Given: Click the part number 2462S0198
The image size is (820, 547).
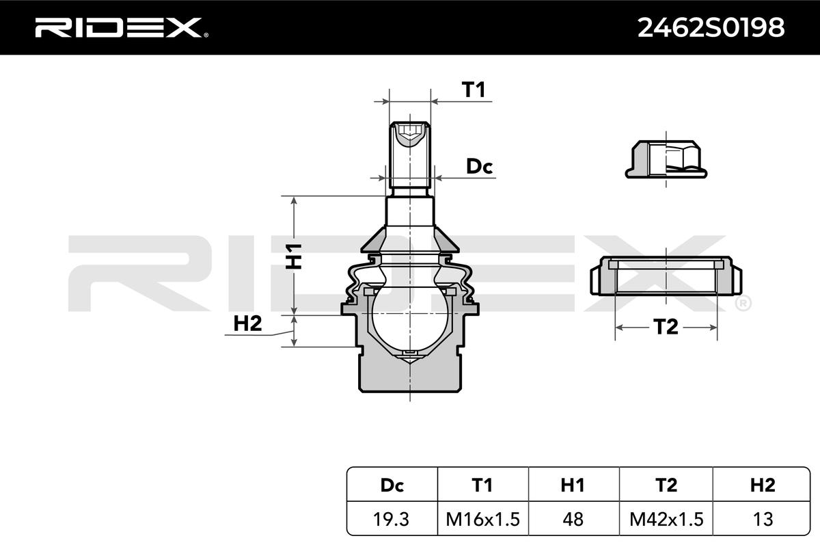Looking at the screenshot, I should pyautogui.click(x=711, y=27).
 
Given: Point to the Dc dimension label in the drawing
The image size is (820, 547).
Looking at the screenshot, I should pyautogui.click(x=479, y=166).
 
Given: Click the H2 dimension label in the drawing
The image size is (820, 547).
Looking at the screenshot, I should pyautogui.click(x=247, y=324).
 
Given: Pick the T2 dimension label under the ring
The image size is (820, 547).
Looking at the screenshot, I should pyautogui.click(x=666, y=328).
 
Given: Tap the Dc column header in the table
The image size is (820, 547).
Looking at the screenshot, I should pyautogui.click(x=392, y=485).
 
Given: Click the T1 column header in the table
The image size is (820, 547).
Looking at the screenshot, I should pyautogui.click(x=482, y=485).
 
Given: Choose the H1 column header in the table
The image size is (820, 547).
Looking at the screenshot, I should pyautogui.click(x=573, y=485).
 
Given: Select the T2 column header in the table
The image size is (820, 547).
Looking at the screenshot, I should pyautogui.click(x=666, y=485).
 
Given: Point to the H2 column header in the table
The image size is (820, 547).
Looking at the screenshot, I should pyautogui.click(x=762, y=485).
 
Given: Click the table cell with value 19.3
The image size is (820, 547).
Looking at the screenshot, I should pyautogui.click(x=392, y=519).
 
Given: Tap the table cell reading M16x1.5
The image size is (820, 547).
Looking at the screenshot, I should pyautogui.click(x=482, y=519).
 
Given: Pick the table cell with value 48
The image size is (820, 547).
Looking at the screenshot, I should pyautogui.click(x=573, y=519).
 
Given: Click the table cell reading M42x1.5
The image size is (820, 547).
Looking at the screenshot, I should pyautogui.click(x=666, y=519).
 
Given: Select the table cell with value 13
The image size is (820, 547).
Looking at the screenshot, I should pyautogui.click(x=762, y=519).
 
